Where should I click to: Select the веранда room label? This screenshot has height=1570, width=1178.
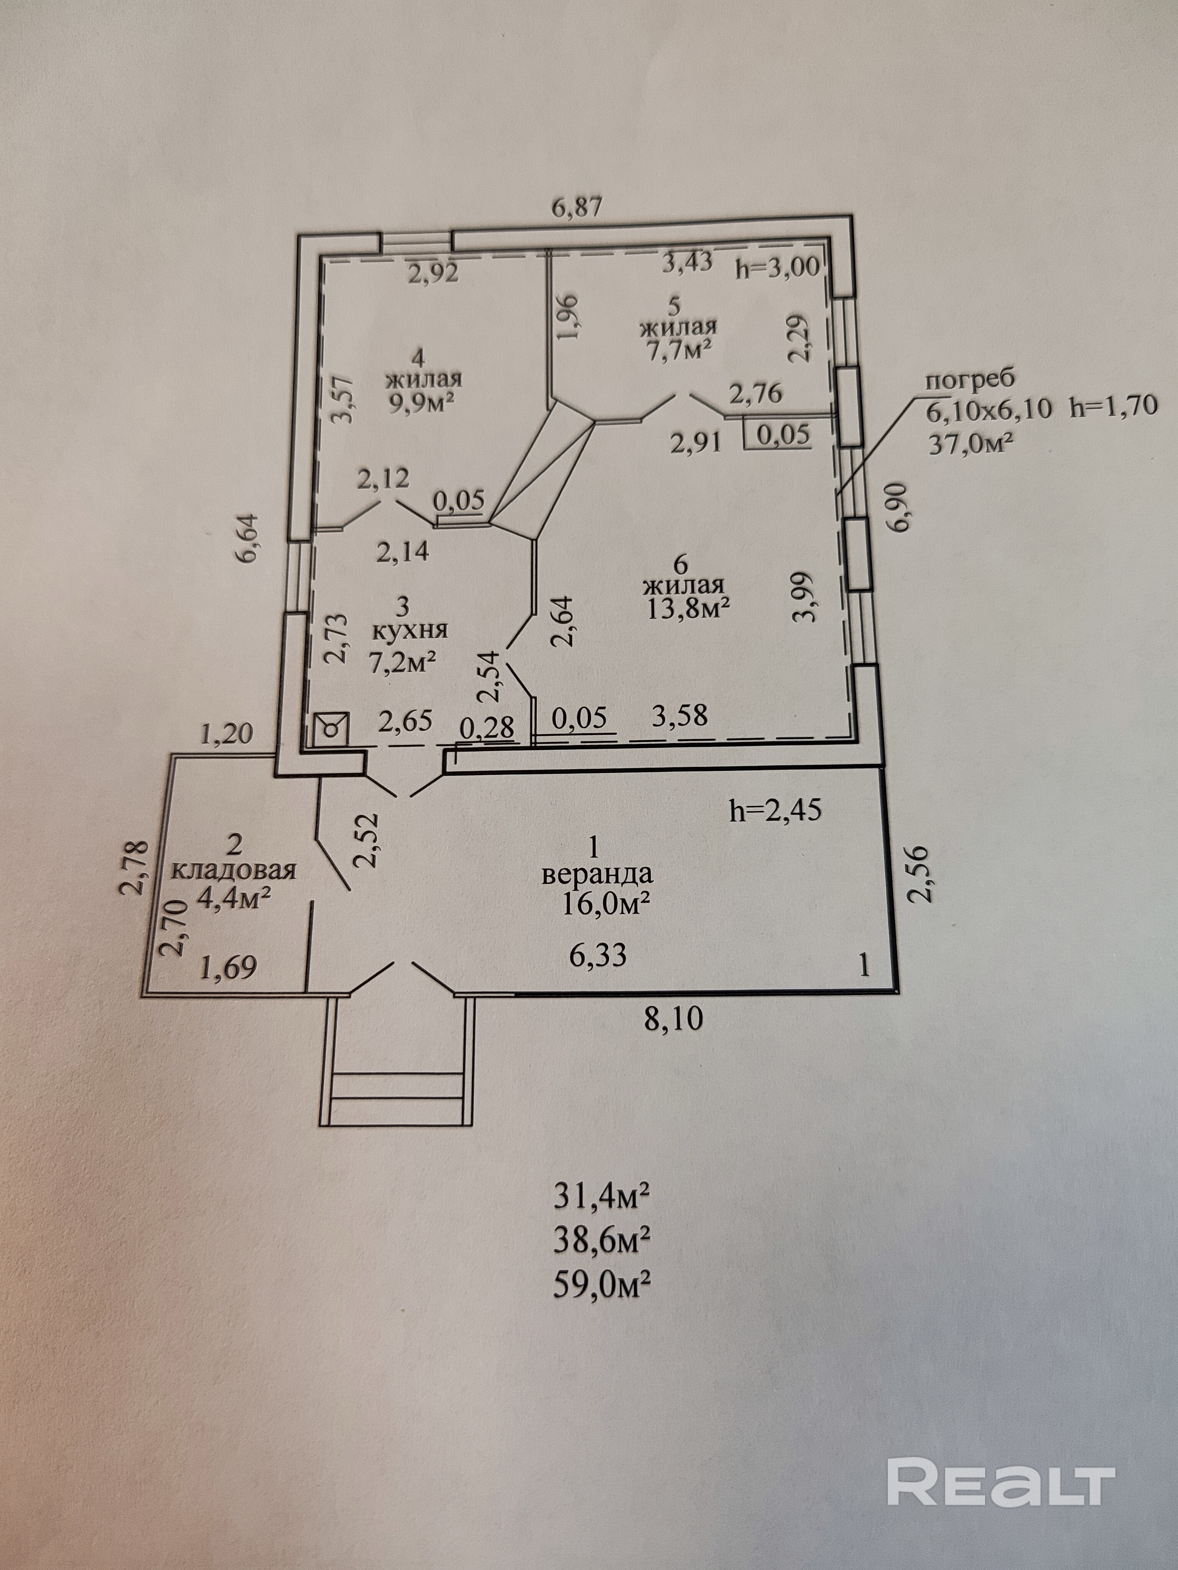click(596, 873)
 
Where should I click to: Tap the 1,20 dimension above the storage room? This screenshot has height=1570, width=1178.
click(227, 734)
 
